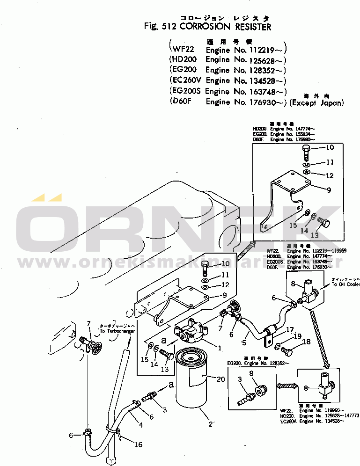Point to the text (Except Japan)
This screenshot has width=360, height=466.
click(316, 102)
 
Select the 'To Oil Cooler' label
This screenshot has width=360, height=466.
click(345, 284)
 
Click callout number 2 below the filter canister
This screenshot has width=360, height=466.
click(211, 424)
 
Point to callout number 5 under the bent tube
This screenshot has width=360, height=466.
click(243, 342)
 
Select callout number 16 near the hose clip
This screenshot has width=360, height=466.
click(139, 444)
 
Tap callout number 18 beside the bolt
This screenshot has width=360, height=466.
click(306, 342)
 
